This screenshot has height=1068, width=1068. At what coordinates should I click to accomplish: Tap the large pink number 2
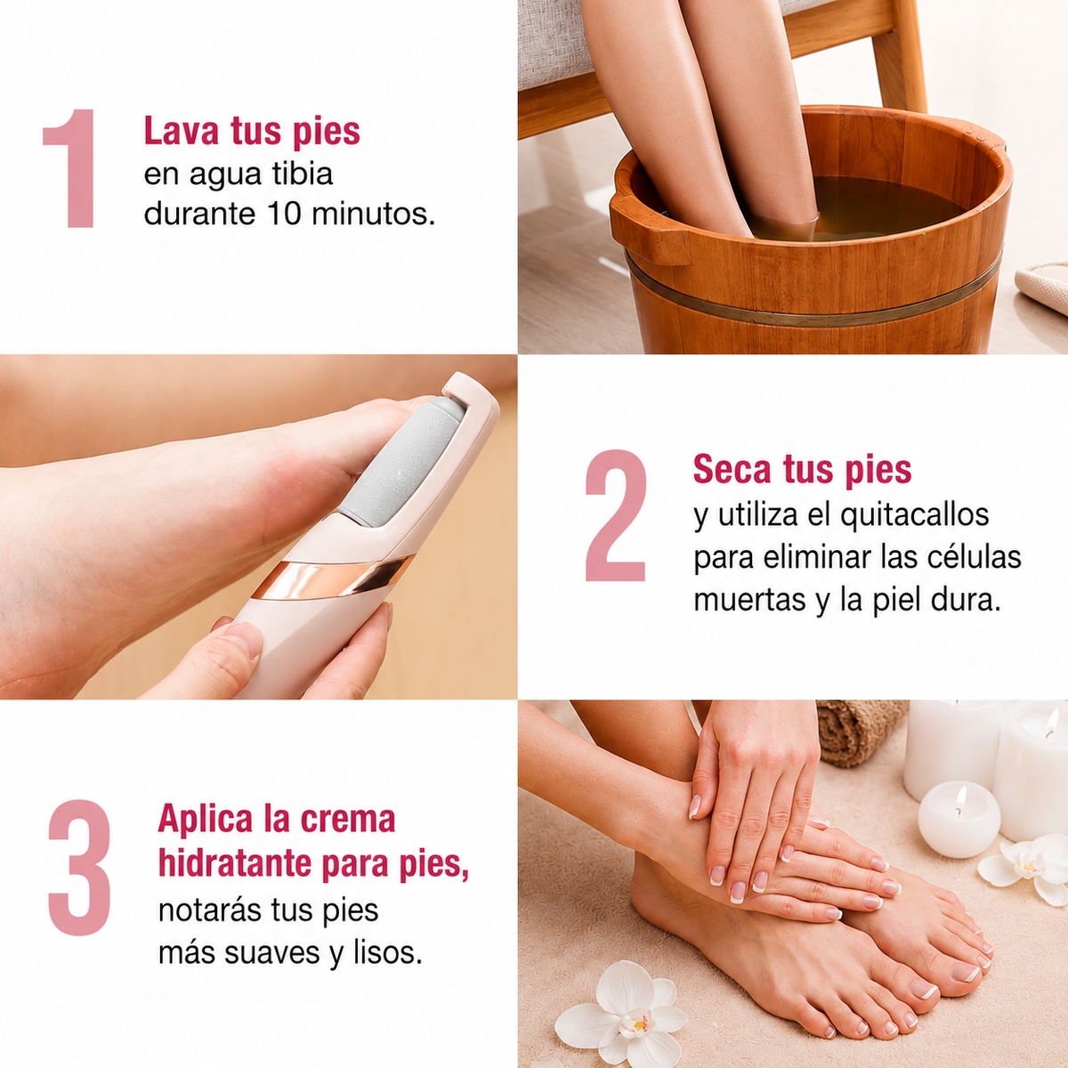[616, 515]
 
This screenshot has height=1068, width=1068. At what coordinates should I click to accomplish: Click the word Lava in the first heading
[182, 132]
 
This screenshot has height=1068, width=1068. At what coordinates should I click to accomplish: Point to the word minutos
[373, 214]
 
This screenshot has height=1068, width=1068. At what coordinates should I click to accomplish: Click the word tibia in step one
[302, 174]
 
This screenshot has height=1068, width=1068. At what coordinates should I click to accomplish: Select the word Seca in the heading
[732, 469]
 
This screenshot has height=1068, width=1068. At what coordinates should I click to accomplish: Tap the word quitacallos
[915, 515]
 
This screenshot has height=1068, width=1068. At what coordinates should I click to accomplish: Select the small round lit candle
[959, 820]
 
